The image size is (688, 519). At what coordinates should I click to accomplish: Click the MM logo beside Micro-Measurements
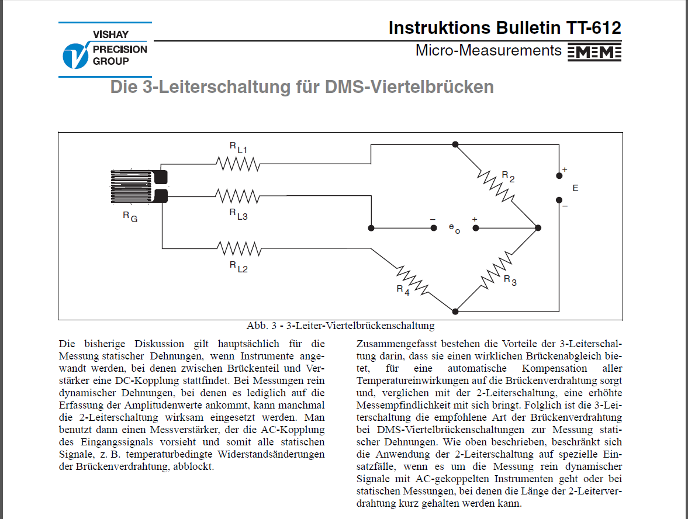click(594, 52)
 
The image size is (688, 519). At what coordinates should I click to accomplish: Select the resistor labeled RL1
click(238, 164)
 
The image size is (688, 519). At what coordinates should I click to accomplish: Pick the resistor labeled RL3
click(238, 196)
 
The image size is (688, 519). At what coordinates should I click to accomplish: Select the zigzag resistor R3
click(496, 270)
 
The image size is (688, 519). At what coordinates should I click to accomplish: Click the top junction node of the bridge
click(455, 144)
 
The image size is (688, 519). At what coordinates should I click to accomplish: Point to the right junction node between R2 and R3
click(538, 227)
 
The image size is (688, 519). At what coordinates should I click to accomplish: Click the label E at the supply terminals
click(575, 188)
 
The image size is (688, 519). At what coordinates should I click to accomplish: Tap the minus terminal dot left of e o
click(433, 227)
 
